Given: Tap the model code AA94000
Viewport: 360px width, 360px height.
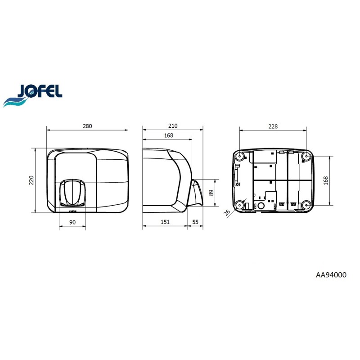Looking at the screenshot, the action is (x=331, y=275).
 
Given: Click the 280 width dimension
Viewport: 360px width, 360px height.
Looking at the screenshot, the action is (x=87, y=126).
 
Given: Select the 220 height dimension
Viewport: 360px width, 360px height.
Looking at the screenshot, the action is (x=31, y=180).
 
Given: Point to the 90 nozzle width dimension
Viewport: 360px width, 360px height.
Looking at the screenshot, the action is (x=72, y=222).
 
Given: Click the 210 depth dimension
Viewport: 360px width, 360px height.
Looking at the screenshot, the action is (x=173, y=126).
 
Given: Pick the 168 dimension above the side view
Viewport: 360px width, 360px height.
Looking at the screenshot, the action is (x=168, y=135).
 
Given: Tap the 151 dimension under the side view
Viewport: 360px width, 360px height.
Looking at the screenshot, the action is (x=165, y=222).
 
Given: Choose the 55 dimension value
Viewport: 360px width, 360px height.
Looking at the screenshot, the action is (x=195, y=222).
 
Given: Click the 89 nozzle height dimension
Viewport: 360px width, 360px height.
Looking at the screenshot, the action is (x=211, y=193).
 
